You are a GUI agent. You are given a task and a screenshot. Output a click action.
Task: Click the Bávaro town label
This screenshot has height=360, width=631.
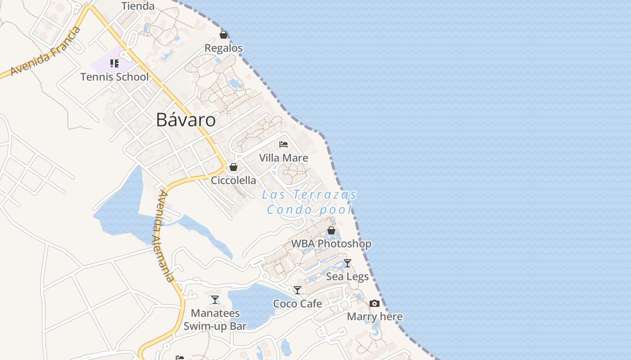click(x=186, y=120)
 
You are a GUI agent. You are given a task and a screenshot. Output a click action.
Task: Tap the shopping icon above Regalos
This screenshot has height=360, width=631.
click(x=223, y=35)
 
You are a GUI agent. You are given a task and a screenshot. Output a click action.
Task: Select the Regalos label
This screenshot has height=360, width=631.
click(x=224, y=48)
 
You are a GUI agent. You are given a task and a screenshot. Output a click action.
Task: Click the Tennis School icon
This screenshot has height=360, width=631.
click(x=114, y=63)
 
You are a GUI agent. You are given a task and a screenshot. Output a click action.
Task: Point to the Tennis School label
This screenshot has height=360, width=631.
click(x=114, y=77)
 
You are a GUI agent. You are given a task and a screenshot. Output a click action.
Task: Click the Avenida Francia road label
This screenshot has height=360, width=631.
click(x=46, y=51)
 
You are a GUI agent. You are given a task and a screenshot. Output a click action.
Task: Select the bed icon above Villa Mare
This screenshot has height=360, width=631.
click(x=283, y=144)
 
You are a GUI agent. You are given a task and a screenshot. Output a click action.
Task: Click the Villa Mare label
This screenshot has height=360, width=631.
click(x=283, y=158)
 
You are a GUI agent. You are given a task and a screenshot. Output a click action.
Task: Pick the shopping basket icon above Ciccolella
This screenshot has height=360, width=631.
click(x=233, y=167)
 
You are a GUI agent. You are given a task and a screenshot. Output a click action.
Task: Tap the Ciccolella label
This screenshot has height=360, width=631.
click(x=233, y=180)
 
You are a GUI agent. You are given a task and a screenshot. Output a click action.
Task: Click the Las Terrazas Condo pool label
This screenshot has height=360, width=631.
click(x=309, y=202)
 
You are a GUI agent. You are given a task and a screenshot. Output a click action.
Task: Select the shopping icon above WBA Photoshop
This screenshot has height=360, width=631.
click(x=331, y=230)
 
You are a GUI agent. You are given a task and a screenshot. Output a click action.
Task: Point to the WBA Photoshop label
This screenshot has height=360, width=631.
click(x=331, y=244)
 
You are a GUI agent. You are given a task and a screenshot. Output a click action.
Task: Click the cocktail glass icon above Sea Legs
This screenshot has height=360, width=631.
click(x=347, y=263)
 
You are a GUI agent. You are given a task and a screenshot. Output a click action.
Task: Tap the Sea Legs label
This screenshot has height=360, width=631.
click(x=347, y=276)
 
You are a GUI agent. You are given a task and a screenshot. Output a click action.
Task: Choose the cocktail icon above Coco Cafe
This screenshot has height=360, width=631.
click(x=297, y=290)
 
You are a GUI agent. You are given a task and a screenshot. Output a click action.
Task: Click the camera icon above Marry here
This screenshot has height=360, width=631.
click(x=375, y=304)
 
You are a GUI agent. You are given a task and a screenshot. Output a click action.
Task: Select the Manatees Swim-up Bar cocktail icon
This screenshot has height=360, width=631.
click(x=215, y=300)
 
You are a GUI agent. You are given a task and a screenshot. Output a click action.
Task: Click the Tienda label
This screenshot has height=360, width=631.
click(x=138, y=6)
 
